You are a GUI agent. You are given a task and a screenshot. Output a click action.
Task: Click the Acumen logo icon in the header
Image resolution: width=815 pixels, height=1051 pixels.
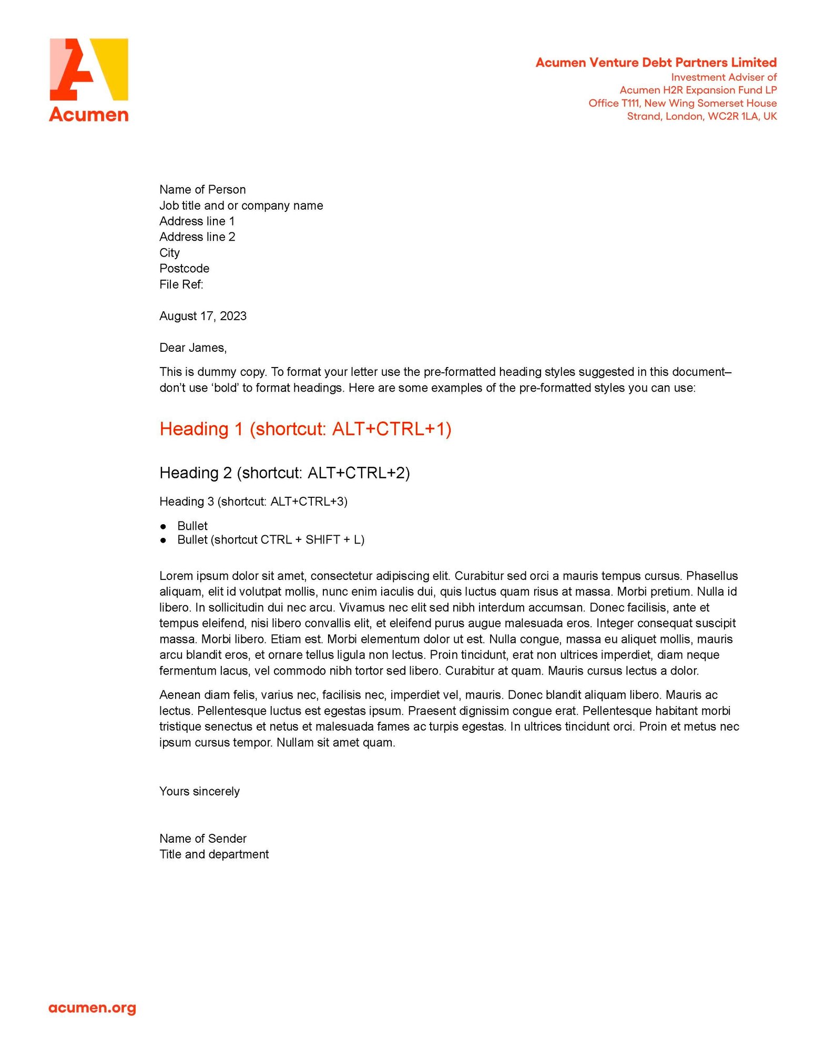(88, 69)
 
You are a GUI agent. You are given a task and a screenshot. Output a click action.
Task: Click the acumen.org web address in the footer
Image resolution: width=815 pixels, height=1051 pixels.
(92, 1008)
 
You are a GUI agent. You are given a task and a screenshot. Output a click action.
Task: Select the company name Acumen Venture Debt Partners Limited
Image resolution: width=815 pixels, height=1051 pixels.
(656, 63)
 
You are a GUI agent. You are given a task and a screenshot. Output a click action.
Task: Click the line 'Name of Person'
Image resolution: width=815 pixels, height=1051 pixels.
(202, 189)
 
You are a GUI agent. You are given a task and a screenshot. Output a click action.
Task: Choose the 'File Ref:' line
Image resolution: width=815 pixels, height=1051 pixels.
(181, 284)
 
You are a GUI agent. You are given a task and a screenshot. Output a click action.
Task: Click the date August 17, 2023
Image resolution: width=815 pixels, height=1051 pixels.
(203, 316)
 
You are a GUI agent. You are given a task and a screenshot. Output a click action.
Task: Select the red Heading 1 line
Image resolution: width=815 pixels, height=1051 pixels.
(305, 429)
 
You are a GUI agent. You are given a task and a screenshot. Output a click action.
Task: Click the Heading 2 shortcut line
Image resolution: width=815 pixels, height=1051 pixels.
(284, 473)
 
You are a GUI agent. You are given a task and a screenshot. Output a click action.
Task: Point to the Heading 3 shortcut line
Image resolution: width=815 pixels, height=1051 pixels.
(253, 502)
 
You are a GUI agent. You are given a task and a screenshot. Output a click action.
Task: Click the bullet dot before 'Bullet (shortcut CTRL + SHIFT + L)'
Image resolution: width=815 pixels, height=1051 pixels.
(164, 540)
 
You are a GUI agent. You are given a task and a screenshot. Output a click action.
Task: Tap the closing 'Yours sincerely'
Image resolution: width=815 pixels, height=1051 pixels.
(199, 791)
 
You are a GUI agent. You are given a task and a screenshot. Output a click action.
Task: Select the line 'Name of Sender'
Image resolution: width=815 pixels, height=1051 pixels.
(203, 839)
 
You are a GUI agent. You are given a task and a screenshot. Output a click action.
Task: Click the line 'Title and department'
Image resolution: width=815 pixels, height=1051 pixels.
(214, 854)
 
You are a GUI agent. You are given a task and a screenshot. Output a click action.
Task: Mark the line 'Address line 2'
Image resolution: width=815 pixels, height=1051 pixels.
(197, 237)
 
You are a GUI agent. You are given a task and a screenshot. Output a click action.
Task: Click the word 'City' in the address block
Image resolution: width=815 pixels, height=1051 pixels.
(169, 253)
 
